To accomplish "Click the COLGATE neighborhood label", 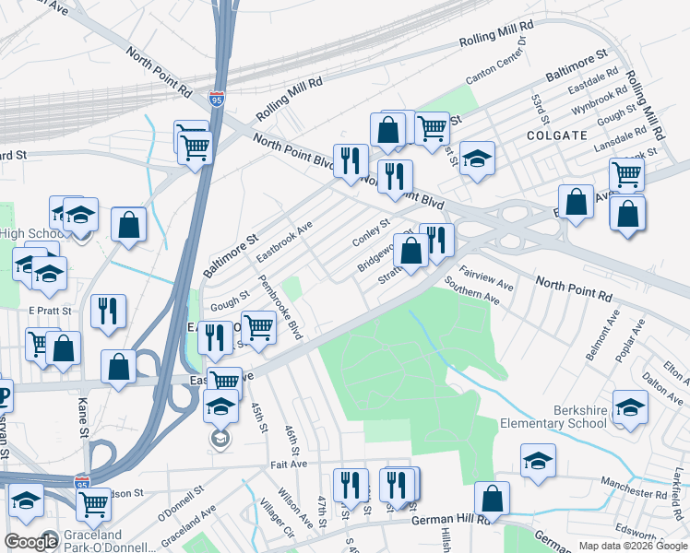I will pos(556,135).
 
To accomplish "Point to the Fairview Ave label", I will pos(486,277).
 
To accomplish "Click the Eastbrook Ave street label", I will pos(285,239).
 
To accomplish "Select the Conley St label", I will pos(372,232).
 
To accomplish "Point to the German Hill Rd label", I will pos(447,522).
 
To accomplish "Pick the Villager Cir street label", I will pos(276,519).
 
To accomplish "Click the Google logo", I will pos(31,542).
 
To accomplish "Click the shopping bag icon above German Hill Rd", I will pos(493,499).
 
